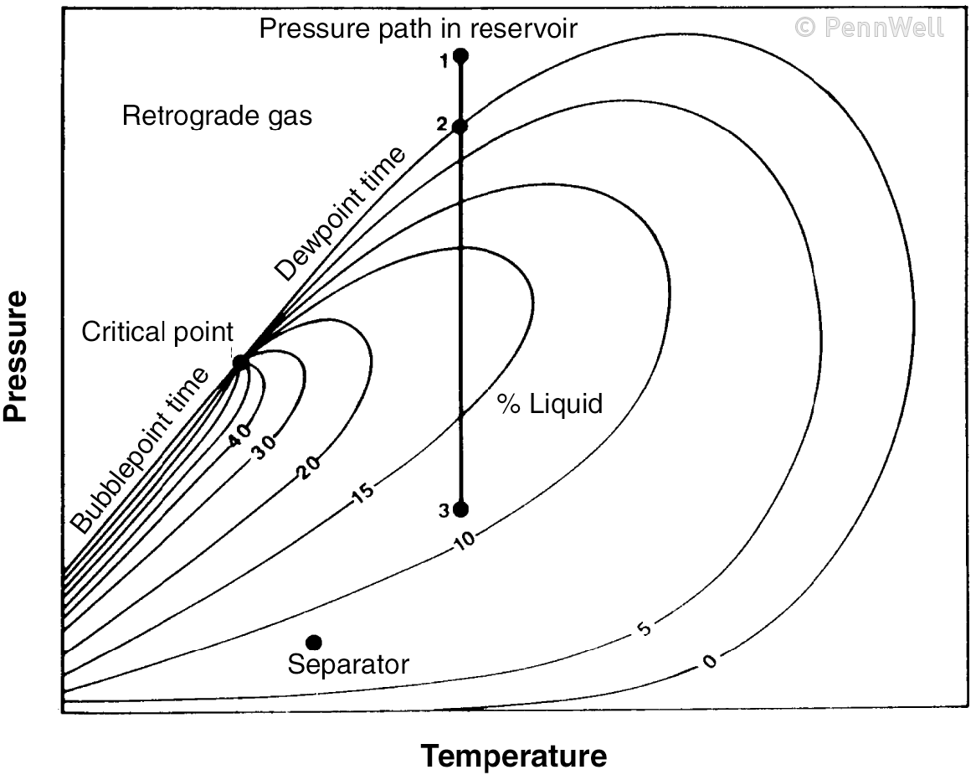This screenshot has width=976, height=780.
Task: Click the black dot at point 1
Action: [x=460, y=56]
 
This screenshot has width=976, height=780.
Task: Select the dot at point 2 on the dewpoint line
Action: [x=460, y=127]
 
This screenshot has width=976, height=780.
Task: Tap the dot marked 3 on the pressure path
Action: [x=460, y=509]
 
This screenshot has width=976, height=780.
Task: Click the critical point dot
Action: [x=240, y=363]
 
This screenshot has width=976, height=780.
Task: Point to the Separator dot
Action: [x=314, y=643]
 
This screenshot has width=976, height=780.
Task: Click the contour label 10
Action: [x=465, y=539]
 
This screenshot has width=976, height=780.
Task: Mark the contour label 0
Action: [x=710, y=662]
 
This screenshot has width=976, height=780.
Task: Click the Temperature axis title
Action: [x=513, y=757]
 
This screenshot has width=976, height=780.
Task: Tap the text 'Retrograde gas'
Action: [x=217, y=116]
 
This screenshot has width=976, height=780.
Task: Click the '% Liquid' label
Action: [x=550, y=404]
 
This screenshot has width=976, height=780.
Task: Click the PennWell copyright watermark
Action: [x=869, y=28]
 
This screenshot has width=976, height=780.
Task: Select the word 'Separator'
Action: [x=348, y=665]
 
